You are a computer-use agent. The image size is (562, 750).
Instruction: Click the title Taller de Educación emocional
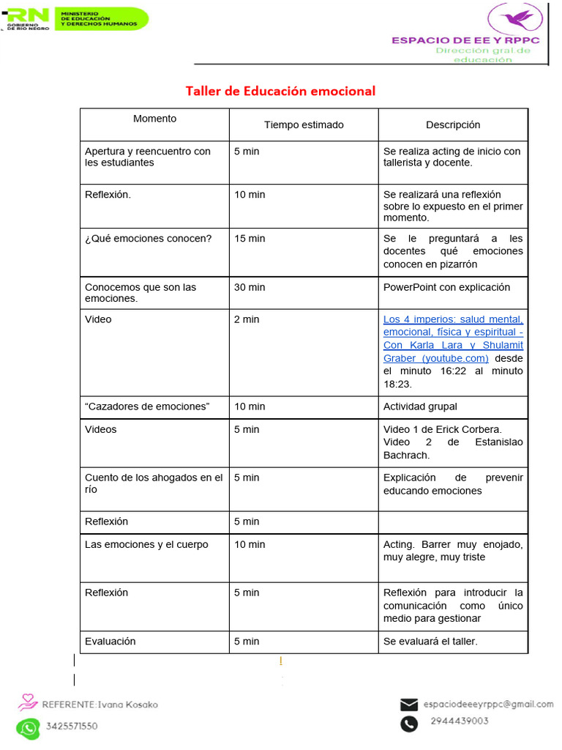pyautogui.click(x=280, y=91)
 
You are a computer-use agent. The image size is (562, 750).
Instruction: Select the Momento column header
pyautogui.click(x=154, y=119)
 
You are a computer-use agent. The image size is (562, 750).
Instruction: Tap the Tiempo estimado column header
pyautogui.click(x=304, y=125)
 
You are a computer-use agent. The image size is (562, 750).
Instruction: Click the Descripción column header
pyautogui.click(x=453, y=125)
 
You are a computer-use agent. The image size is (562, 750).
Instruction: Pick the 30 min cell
pyautogui.click(x=250, y=287)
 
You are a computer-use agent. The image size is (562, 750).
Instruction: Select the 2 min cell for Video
pyautogui.click(x=247, y=319)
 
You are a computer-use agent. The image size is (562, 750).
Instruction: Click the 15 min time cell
pyautogui.click(x=250, y=239)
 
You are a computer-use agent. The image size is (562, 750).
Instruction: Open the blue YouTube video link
pyautogui.click(x=452, y=338)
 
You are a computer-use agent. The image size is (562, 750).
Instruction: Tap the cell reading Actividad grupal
pyautogui.click(x=420, y=406)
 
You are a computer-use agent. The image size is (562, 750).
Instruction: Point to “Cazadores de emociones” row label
pyautogui.click(x=147, y=406)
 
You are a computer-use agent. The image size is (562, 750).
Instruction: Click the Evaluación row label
pyautogui.click(x=110, y=641)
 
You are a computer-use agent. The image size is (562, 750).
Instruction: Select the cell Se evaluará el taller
pyautogui.click(x=430, y=642)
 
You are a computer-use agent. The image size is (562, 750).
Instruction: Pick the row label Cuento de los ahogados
pyautogui.click(x=154, y=483)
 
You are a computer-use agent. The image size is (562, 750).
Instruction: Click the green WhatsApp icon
pyautogui.click(x=28, y=727)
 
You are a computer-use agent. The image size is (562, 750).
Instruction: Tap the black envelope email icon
pyautogui.click(x=409, y=705)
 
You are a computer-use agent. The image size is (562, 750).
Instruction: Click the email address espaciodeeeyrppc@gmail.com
pyautogui.click(x=488, y=705)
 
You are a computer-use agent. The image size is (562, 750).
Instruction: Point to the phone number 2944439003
pyautogui.click(x=460, y=721)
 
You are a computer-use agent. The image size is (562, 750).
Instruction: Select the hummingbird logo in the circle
pyautogui.click(x=515, y=18)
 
